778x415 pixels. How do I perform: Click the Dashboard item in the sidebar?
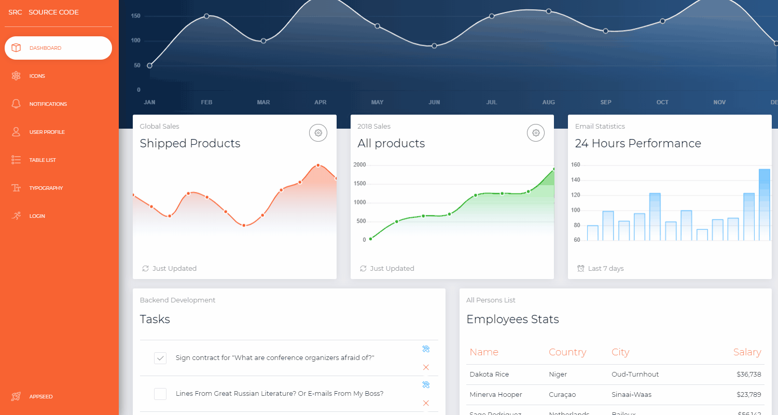[x=58, y=48]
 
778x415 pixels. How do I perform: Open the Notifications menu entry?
[x=48, y=104]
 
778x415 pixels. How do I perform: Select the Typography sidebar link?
[x=46, y=188]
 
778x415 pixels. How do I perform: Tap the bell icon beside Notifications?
[x=16, y=104]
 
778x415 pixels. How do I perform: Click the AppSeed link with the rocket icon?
[x=40, y=397]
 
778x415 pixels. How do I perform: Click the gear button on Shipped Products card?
[x=318, y=133]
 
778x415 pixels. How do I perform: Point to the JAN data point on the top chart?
[x=150, y=66]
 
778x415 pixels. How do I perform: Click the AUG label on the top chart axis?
[x=548, y=103]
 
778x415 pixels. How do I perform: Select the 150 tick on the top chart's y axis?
[x=135, y=16]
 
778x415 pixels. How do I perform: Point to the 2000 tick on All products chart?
[x=359, y=165]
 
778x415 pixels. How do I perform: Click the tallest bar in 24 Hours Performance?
[x=764, y=204]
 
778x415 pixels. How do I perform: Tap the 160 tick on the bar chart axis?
[x=576, y=165]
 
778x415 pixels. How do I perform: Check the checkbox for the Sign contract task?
[x=160, y=358]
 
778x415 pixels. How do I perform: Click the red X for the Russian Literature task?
[x=426, y=403]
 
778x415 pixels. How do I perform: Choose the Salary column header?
[x=747, y=352]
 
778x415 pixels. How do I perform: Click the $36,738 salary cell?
[x=748, y=375]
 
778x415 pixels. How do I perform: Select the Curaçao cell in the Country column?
[x=562, y=395]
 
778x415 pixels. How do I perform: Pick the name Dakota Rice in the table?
[x=489, y=375]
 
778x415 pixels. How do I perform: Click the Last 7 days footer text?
[x=605, y=269]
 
